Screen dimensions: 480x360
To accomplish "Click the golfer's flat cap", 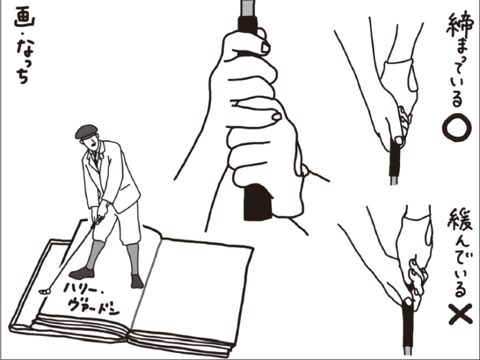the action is tap(86, 131).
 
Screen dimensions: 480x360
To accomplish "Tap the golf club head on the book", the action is tap(44, 292).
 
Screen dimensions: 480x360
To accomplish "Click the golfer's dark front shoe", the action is tap(82, 273).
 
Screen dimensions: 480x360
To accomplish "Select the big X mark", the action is tap(460, 314).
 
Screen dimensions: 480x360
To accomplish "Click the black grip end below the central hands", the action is tap(258, 202).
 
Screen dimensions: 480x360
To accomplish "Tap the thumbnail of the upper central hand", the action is tap(265, 47).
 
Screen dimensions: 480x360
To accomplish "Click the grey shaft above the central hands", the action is tap(247, 8).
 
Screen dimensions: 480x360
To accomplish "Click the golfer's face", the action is tap(93, 143).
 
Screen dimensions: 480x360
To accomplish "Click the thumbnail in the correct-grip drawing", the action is tap(398, 140).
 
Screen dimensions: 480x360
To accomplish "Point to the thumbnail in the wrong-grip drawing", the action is tap(407, 302).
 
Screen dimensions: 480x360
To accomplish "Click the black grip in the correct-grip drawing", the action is tap(395, 160).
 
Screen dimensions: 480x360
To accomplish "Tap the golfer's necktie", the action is tap(96, 157).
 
